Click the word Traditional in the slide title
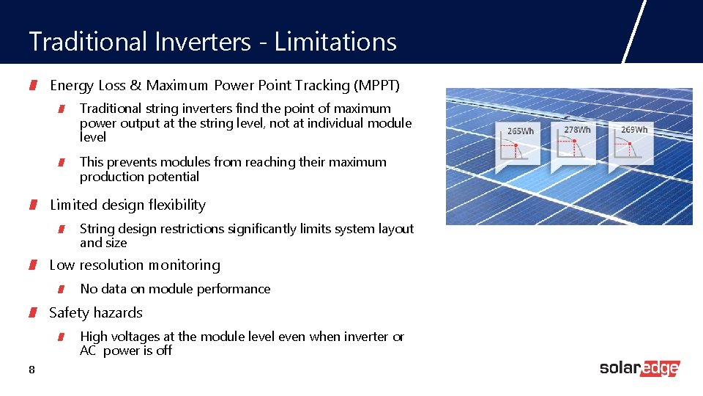88,42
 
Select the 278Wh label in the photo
577,130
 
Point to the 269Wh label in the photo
634,130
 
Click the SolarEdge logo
639,368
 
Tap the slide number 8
31,370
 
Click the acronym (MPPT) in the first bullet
376,86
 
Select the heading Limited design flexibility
127,205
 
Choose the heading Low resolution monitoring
135,265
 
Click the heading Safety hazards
96,313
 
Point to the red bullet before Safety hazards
33,314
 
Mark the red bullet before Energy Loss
33,87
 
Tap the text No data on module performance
175,289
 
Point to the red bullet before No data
63,290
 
